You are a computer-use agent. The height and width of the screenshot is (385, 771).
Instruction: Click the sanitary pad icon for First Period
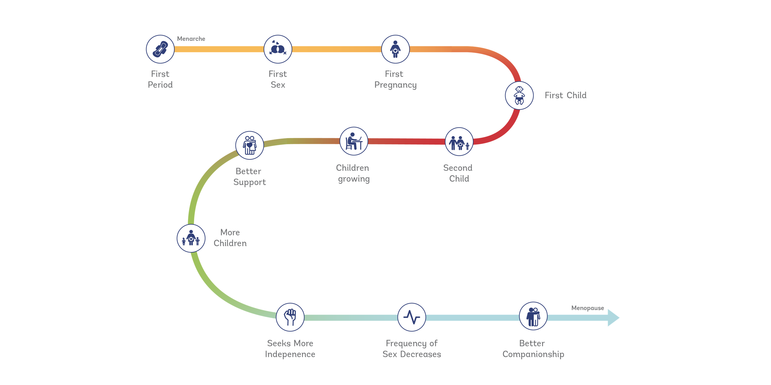coord(160,49)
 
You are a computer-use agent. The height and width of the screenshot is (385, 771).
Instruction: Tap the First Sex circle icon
coord(278,49)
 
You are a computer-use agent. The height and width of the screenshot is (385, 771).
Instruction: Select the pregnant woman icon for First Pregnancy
coord(395,49)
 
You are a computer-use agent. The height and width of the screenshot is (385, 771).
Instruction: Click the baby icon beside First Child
coord(519,95)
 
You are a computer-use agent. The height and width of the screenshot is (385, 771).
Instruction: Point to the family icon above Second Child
coord(459,142)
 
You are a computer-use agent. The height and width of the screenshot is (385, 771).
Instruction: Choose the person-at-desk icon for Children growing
coord(354,141)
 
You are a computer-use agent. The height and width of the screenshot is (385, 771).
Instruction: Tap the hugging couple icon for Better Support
coord(250,145)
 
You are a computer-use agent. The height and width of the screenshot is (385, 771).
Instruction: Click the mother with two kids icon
coord(191,238)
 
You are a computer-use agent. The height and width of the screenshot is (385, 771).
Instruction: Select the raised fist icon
coord(290,317)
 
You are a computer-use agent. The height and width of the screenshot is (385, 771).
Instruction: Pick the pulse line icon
coord(412,317)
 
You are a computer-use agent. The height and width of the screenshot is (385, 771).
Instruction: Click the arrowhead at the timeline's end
coord(613,318)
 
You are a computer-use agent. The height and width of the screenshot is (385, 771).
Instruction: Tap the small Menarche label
coord(191,39)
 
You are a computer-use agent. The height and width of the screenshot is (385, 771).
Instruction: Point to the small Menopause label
coord(588,308)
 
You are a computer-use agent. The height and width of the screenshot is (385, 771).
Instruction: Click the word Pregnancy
coord(395,85)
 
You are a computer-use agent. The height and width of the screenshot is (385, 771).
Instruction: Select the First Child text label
coord(565,95)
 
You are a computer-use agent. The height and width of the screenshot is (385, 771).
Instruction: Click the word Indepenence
coord(290,354)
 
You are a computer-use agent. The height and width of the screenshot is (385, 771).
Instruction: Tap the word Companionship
coord(533,354)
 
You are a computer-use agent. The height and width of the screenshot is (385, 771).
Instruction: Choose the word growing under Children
coord(354,179)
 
